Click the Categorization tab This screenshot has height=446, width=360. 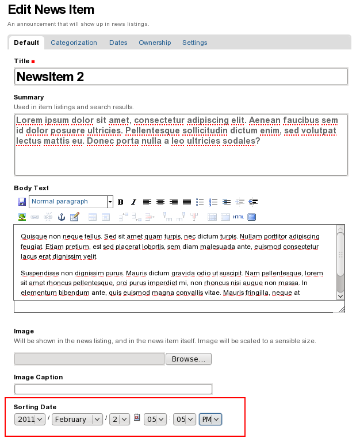(x=74, y=43)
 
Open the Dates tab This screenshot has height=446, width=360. (x=118, y=43)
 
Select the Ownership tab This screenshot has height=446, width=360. (x=155, y=43)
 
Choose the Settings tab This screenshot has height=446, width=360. (x=194, y=43)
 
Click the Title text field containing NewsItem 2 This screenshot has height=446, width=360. (x=181, y=77)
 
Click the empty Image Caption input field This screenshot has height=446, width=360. (x=113, y=389)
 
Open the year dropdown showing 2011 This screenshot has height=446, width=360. (x=30, y=420)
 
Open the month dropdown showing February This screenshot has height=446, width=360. (x=77, y=420)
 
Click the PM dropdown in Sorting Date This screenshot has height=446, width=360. (x=210, y=420)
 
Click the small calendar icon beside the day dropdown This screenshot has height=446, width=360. (x=137, y=418)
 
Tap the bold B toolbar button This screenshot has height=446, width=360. (x=121, y=202)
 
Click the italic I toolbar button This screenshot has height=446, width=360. (x=133, y=202)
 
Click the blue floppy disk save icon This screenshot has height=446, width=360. (x=22, y=202)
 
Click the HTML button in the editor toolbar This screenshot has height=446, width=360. (x=238, y=217)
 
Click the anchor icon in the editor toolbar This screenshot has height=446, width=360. (x=62, y=217)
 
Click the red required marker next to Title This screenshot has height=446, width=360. (x=33, y=61)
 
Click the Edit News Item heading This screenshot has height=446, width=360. (x=51, y=10)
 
